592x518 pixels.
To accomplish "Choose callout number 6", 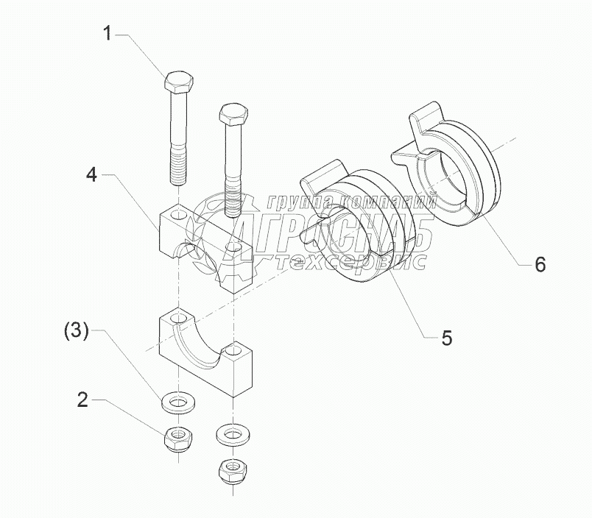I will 540,265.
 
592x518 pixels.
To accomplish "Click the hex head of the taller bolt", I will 178,82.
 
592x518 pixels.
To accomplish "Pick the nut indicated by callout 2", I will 177,439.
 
